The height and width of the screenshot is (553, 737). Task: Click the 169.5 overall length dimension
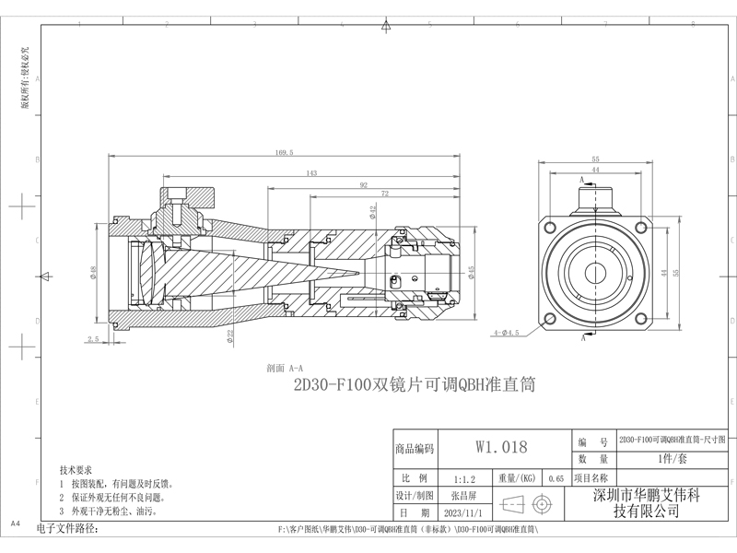pos(284,153)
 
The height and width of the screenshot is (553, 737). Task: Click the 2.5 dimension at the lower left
pos(92,339)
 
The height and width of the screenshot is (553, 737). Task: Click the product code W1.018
pos(501,448)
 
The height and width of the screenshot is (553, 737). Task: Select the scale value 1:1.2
pos(465,479)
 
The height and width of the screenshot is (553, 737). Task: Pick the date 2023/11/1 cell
pos(463,512)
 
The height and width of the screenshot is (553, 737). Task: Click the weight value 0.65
pos(556,479)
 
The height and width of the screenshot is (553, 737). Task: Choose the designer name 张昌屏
pos(463,496)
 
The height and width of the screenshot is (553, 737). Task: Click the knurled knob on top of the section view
pos(190,195)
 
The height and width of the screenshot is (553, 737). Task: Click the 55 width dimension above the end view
pos(595,159)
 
